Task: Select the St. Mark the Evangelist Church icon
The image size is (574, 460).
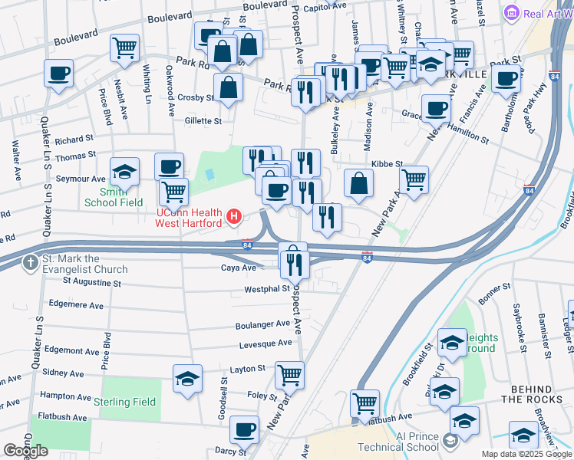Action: point(30,263)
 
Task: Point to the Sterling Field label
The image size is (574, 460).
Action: point(125,402)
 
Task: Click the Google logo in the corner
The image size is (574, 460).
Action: point(25,451)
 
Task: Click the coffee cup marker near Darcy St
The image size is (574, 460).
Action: point(244,429)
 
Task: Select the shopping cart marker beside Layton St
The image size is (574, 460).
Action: point(290,375)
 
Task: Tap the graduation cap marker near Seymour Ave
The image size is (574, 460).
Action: point(124,171)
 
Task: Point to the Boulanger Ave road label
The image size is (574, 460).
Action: point(262,324)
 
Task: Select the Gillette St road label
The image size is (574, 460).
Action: point(203,120)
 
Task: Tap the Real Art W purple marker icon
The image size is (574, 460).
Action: point(512,13)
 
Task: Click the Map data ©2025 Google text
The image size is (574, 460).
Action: point(526,454)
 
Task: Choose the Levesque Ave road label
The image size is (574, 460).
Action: point(263,343)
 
